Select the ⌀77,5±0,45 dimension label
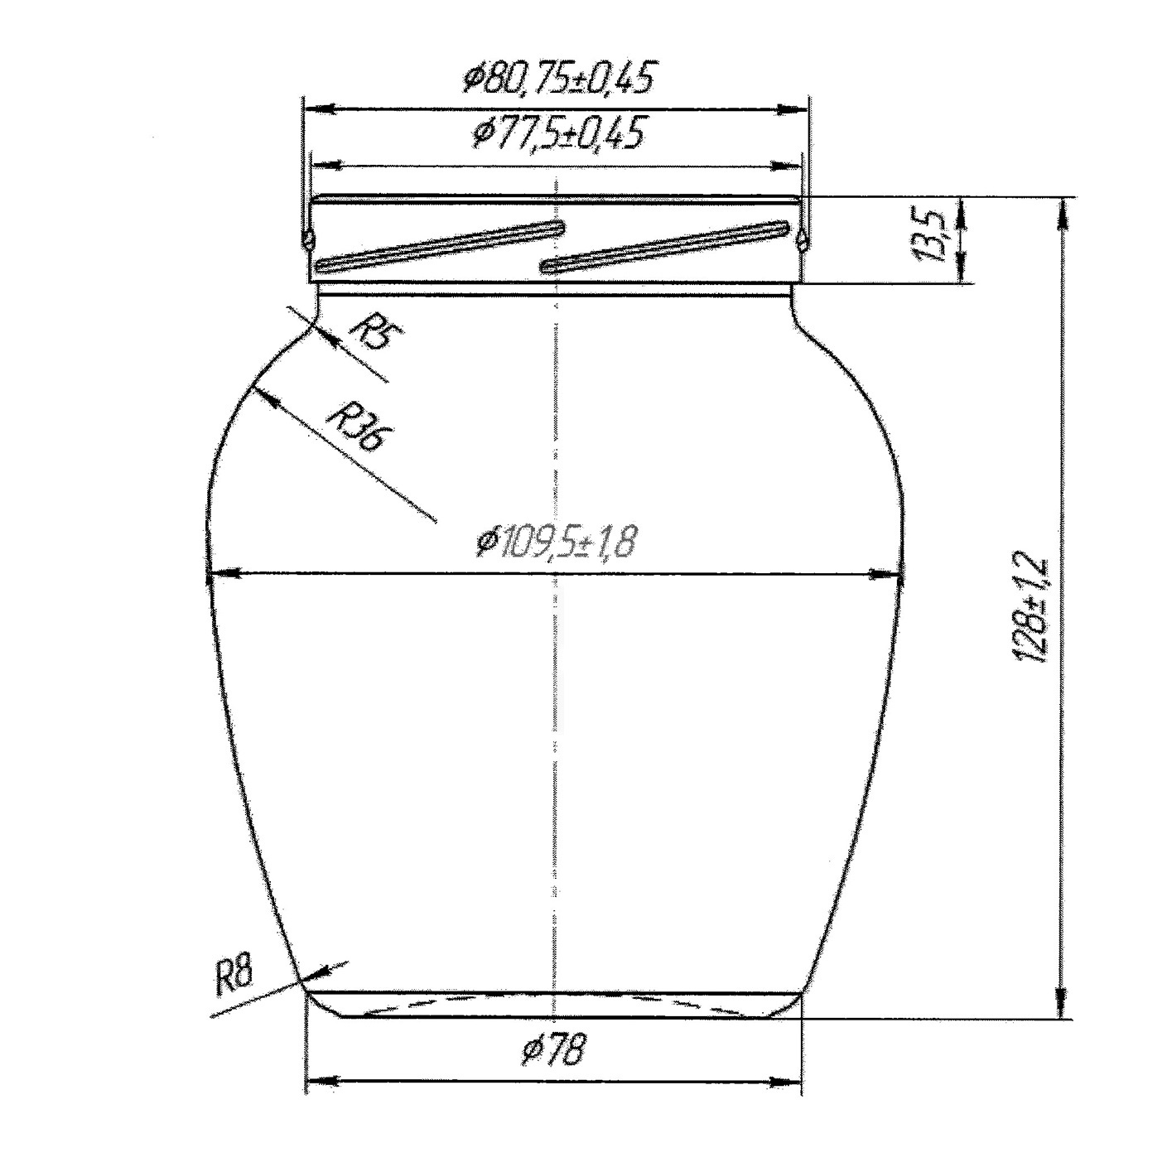557,133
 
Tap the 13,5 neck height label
933,239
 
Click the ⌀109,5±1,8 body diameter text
556,542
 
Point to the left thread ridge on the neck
441,247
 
